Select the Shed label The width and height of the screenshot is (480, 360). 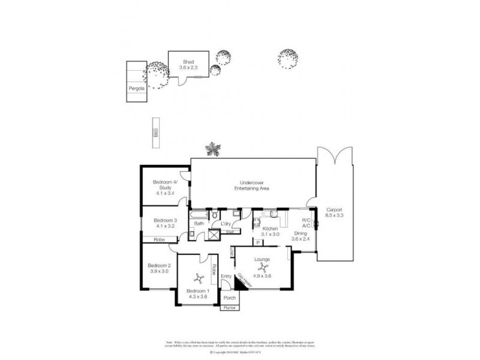coord(188,61)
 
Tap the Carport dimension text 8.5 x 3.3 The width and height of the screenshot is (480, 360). coord(335,215)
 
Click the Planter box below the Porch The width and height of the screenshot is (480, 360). coord(229,308)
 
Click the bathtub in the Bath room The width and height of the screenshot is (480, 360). coord(200,214)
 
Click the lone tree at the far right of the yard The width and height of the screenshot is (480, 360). coord(286,58)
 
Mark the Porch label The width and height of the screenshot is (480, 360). coord(229,298)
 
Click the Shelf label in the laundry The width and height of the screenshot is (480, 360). coord(229,230)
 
